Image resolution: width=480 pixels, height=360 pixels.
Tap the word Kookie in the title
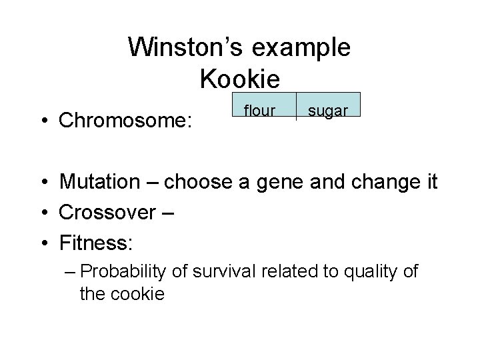pos(239,80)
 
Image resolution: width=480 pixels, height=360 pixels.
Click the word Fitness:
pos(96,241)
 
